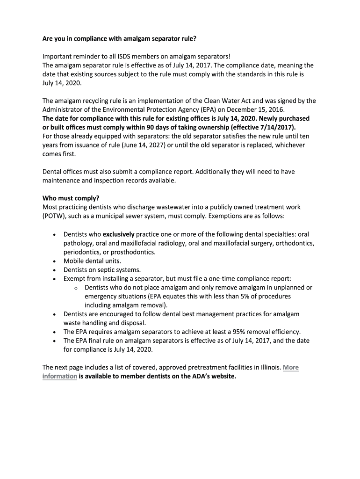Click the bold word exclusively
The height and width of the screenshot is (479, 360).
pyautogui.click(x=118, y=234)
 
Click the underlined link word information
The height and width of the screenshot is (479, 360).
pyautogui.click(x=60, y=376)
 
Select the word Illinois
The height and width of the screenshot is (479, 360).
pyautogui.click(x=268, y=367)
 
